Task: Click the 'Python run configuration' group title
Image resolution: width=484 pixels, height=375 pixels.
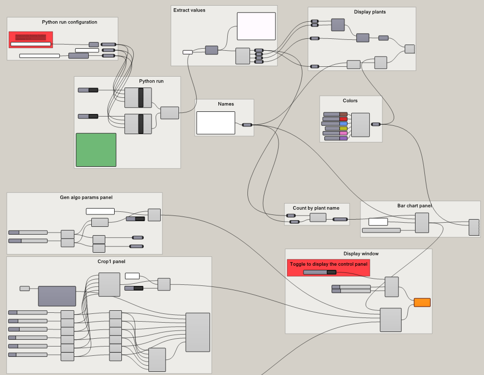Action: (70, 22)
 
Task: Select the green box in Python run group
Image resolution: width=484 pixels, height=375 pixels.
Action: (96, 150)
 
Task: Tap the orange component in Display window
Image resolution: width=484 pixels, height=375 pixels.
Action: (422, 302)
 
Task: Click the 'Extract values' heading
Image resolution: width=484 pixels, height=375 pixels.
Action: (189, 10)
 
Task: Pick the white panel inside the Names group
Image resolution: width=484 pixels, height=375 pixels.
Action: (215, 123)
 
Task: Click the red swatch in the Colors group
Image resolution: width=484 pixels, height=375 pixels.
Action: (343, 119)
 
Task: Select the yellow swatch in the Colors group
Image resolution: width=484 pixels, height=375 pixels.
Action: (343, 128)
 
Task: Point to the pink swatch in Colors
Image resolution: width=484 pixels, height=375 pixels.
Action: (343, 133)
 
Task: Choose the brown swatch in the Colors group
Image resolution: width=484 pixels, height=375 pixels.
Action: (343, 114)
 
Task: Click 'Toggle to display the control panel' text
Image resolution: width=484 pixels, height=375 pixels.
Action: (328, 264)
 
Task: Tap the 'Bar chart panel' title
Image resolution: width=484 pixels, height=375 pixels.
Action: (414, 206)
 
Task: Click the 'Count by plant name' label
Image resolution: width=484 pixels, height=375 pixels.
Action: (316, 208)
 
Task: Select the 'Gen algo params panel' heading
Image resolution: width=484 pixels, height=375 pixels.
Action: (86, 197)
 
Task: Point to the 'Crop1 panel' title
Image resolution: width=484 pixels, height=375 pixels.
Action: (111, 262)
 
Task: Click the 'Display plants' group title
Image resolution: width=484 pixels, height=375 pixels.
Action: (370, 12)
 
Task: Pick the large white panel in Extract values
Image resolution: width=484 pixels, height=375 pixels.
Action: (256, 26)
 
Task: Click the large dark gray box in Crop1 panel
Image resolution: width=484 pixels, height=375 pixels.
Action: (57, 296)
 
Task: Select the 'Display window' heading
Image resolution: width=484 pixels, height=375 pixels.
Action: (361, 254)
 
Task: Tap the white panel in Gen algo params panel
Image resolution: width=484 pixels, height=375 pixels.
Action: (100, 211)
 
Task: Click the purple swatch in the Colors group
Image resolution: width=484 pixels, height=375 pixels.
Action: (343, 138)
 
